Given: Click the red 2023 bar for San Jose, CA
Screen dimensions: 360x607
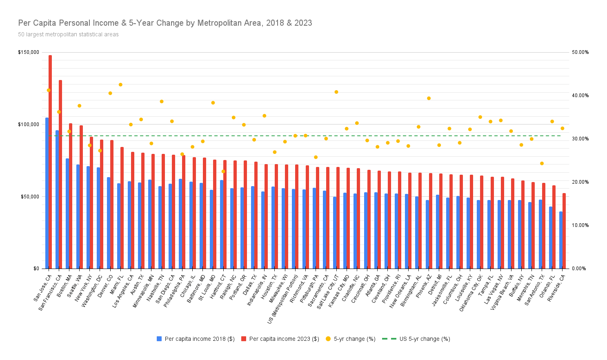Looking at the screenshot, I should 50,163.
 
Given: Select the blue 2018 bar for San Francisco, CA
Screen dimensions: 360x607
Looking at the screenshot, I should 57,200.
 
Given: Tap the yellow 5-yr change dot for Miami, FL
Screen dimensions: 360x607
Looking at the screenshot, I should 120,84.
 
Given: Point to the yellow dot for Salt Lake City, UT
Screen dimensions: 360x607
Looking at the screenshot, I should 336,92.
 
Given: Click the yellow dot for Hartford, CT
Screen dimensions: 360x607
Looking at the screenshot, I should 223,171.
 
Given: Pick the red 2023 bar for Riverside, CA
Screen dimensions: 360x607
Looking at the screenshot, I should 564,231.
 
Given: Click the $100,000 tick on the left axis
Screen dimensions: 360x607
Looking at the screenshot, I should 29,124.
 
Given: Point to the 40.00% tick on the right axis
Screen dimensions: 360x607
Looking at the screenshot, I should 580,96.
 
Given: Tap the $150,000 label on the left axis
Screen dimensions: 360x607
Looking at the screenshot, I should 29,52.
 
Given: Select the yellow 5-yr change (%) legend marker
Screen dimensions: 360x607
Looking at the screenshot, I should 328,339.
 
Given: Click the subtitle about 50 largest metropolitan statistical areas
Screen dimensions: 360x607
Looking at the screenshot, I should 68,35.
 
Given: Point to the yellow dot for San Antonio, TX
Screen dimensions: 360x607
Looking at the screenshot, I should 542,163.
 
